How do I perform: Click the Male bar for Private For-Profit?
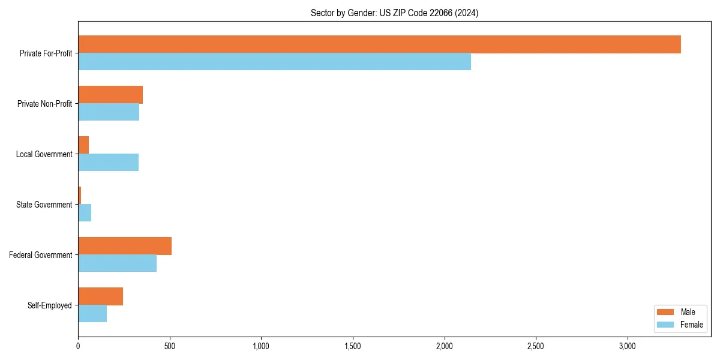click(379, 44)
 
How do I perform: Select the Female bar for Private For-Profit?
click(274, 61)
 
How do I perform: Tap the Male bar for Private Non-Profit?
click(110, 95)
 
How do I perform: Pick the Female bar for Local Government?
click(108, 162)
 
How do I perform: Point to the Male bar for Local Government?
click(83, 145)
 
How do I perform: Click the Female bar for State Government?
click(85, 212)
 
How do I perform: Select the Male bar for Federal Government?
click(125, 246)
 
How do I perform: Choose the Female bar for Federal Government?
click(117, 263)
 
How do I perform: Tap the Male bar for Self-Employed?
click(100, 296)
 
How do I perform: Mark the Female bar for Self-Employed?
click(92, 313)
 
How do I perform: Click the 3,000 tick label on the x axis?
click(627, 347)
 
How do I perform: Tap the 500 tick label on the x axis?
click(170, 347)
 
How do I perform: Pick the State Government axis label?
click(44, 205)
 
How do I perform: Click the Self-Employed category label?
click(50, 305)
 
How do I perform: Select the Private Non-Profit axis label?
click(44, 104)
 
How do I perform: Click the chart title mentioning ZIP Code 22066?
click(394, 13)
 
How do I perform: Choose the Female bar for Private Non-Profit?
click(109, 112)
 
